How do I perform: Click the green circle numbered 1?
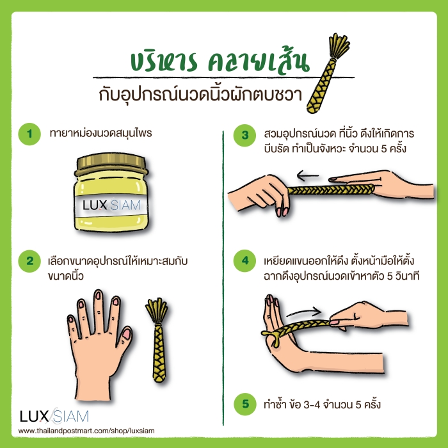coord(29,134)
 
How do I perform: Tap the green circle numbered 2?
coord(29,261)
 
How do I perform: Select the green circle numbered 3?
coord(245,136)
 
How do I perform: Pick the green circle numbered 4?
coord(245,261)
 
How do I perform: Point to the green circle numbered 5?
coord(245,404)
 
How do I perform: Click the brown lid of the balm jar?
coord(111,164)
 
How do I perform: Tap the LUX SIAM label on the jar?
coord(111,205)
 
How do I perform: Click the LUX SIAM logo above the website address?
coord(54,416)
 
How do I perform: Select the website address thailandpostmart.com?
coord(86,431)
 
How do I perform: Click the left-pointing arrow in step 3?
coord(307,175)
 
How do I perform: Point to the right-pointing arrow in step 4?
coord(304,312)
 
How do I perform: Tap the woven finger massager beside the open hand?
coord(157,340)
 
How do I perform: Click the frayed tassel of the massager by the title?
coord(339,45)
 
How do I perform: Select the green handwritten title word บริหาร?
coord(164,61)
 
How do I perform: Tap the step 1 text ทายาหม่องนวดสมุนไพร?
coord(100,133)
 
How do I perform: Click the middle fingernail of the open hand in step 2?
coord(98,295)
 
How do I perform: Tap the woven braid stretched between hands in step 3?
coord(331,189)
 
